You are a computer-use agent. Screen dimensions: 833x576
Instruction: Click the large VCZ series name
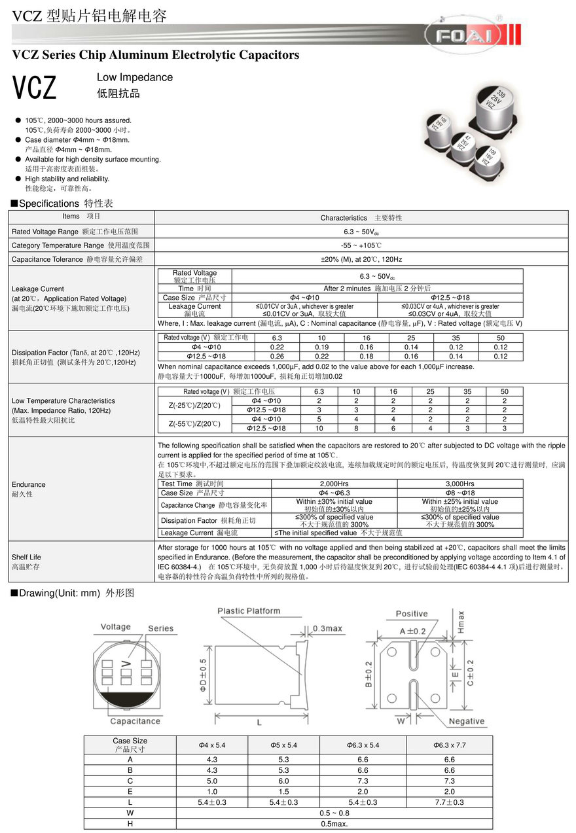point(35,88)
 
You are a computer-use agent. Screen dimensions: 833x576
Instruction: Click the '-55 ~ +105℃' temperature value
point(361,245)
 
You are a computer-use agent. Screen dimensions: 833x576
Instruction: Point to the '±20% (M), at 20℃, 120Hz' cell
point(361,260)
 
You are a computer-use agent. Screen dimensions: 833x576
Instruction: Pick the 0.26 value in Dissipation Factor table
point(277,357)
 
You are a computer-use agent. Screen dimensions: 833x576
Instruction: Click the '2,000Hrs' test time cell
point(334,484)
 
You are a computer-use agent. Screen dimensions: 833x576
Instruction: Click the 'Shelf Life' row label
point(26,557)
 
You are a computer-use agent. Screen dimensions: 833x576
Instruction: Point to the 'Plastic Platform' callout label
point(249,611)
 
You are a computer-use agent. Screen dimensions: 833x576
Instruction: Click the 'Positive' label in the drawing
point(412,614)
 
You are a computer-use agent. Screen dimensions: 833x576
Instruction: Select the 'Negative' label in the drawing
point(467,721)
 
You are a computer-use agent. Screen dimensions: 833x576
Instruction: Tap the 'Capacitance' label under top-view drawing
point(135,721)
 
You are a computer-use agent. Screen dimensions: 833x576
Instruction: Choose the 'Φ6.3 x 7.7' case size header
point(449,745)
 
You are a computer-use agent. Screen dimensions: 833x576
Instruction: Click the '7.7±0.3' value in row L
point(449,802)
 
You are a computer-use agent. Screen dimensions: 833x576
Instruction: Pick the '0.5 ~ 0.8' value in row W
point(334,813)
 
